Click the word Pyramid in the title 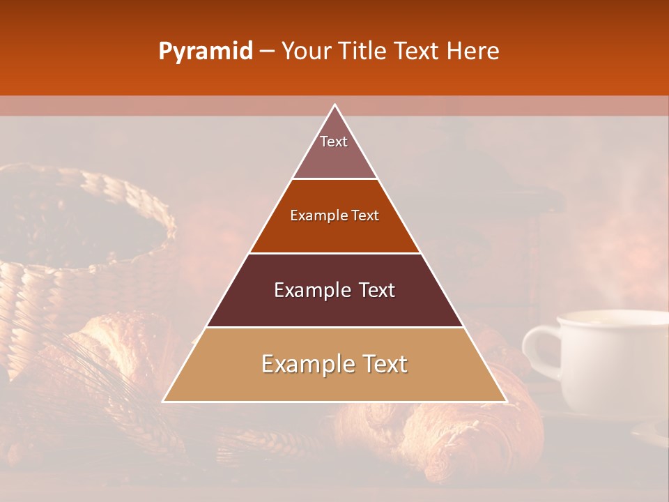point(205,52)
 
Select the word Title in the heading point(363,52)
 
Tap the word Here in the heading point(474,52)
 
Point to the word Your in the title point(307,52)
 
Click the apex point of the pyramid point(335,105)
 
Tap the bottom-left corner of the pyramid point(164,401)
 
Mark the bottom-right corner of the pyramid point(505,401)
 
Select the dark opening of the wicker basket point(77,223)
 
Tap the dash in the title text point(267,52)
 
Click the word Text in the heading point(417,52)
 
